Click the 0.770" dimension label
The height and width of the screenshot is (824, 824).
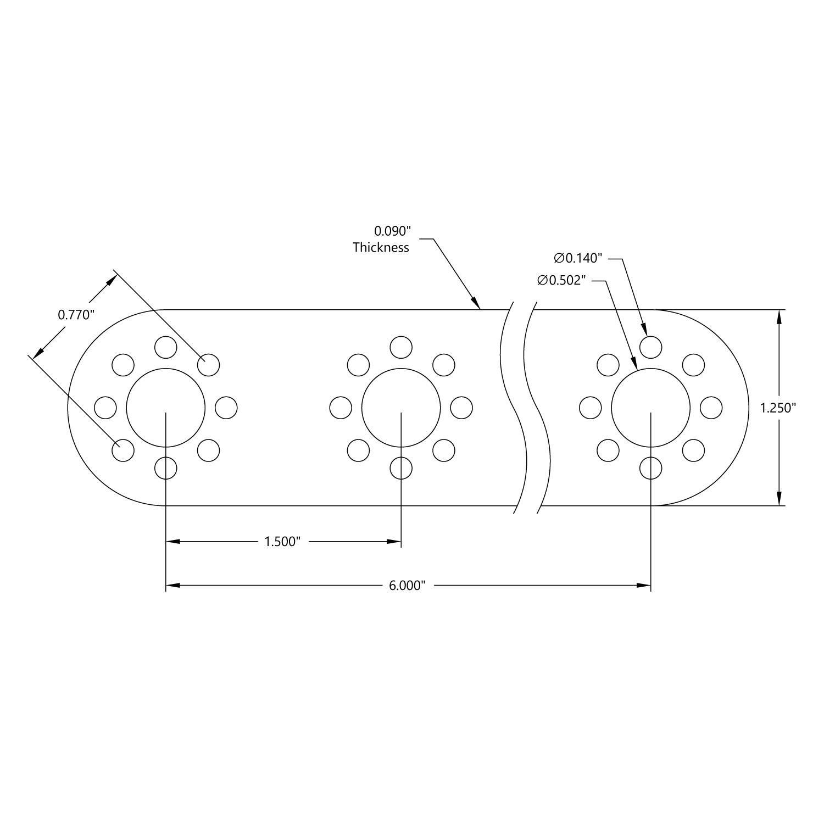click(x=76, y=315)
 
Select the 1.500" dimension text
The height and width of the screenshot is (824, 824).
click(x=282, y=542)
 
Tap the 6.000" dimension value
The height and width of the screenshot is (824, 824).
click(x=407, y=586)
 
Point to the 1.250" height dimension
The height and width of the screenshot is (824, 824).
click(x=778, y=408)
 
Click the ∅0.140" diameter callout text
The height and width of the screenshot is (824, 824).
click(x=578, y=258)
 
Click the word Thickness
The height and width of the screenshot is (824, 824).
click(x=381, y=247)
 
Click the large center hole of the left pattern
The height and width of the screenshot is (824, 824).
click(x=165, y=408)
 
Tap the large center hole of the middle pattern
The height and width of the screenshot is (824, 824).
click(x=401, y=408)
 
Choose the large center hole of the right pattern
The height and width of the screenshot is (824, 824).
click(x=650, y=408)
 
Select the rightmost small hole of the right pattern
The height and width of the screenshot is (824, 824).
click(x=711, y=408)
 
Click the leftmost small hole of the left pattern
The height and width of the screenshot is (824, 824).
click(x=105, y=408)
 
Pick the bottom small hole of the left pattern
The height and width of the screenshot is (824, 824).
click(x=165, y=468)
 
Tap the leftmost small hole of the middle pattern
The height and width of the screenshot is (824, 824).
click(x=341, y=408)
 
